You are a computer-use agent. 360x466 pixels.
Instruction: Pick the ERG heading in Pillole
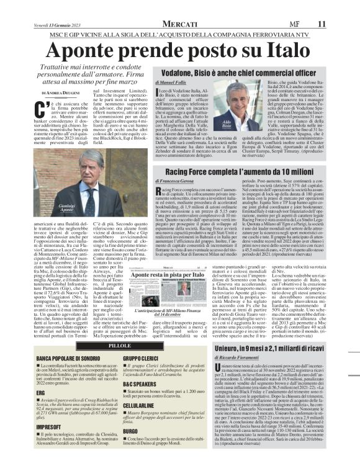coord(41,393)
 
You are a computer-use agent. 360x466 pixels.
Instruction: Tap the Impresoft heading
coord(47,428)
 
